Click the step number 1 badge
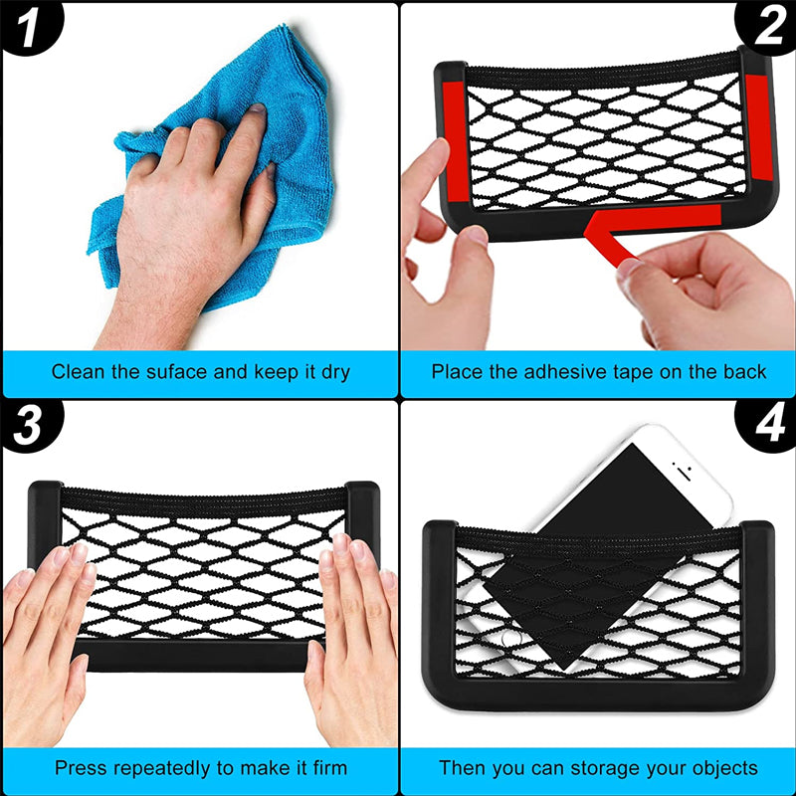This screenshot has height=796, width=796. (28, 29)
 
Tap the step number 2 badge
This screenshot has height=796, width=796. (768, 27)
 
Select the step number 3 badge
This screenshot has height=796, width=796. (28, 426)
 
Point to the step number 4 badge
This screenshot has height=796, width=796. (768, 426)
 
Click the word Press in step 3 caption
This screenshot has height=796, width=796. (78, 768)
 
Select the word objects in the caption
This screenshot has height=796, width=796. (723, 768)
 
